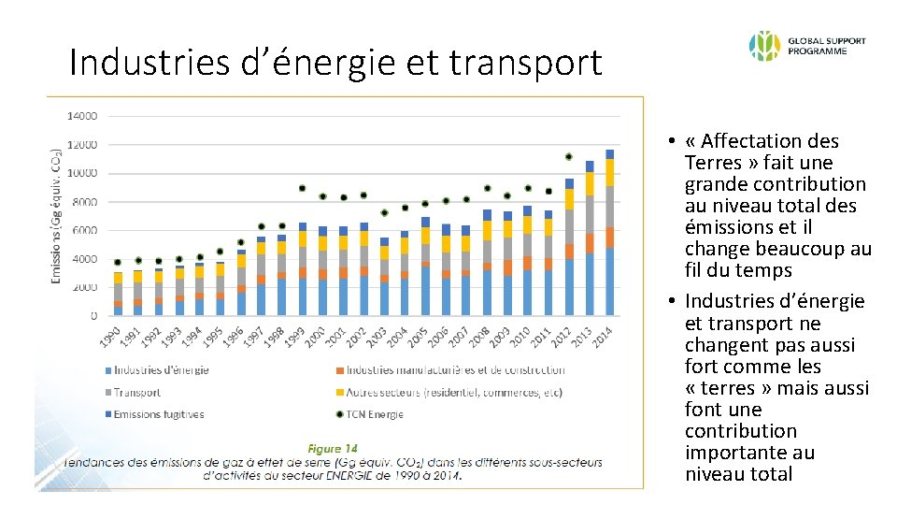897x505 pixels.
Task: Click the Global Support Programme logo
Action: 806,45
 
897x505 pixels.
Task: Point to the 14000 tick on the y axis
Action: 81,116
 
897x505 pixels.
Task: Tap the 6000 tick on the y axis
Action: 84,231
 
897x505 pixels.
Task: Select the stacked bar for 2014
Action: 609,233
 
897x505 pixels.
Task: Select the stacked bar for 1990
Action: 118,295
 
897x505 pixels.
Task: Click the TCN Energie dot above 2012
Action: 569,156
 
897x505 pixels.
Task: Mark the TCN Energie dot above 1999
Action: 302,188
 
